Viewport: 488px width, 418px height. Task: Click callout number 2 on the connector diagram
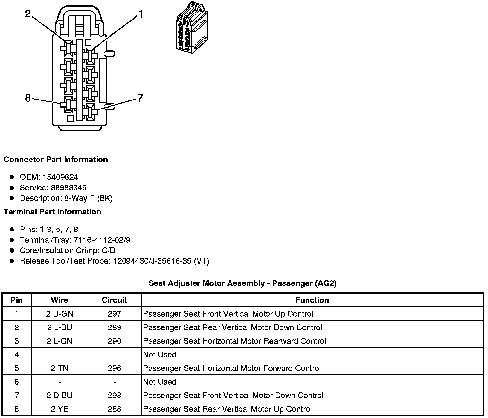click(x=28, y=14)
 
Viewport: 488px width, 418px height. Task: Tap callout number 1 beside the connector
click(x=140, y=14)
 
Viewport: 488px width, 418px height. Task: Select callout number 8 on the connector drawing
click(x=28, y=98)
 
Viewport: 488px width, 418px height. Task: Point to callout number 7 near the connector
click(x=140, y=98)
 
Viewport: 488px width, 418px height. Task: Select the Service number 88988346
click(x=69, y=188)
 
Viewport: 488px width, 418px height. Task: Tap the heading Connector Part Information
click(x=56, y=160)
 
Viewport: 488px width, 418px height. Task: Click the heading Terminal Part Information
click(x=52, y=212)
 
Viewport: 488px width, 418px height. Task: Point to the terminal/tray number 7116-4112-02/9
click(x=102, y=240)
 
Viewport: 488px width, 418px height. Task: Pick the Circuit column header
click(x=114, y=300)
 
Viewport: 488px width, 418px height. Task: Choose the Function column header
click(x=312, y=300)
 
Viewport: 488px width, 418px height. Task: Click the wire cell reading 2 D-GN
click(x=60, y=314)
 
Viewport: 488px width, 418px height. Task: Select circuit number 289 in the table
click(x=114, y=328)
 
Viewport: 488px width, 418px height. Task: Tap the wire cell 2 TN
click(x=60, y=368)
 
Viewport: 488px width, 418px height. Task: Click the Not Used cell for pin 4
click(x=160, y=355)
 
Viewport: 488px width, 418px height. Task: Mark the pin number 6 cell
click(x=17, y=382)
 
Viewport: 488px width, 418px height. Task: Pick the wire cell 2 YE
click(x=60, y=409)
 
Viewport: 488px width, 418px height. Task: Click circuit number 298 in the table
click(x=114, y=396)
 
